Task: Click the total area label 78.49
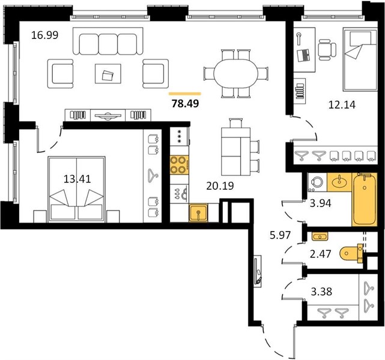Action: click(185, 104)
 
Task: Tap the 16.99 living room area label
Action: click(45, 35)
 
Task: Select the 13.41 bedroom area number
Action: click(77, 179)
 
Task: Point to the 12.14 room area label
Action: click(342, 105)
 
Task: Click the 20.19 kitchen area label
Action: click(220, 186)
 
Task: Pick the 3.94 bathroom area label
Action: click(320, 203)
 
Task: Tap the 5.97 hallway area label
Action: click(280, 235)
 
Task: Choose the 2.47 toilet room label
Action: click(320, 254)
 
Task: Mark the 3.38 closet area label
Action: click(321, 292)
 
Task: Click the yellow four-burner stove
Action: click(179, 165)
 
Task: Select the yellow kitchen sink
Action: click(198, 212)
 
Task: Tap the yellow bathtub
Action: click(365, 199)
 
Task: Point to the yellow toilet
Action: click(351, 254)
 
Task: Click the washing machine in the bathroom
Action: click(317, 182)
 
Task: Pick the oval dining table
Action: click(235, 74)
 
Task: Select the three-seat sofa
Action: click(108, 41)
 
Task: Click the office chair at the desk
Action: click(327, 50)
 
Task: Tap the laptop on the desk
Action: click(303, 55)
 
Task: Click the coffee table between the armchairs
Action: click(108, 74)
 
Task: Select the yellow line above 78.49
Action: click(185, 94)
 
